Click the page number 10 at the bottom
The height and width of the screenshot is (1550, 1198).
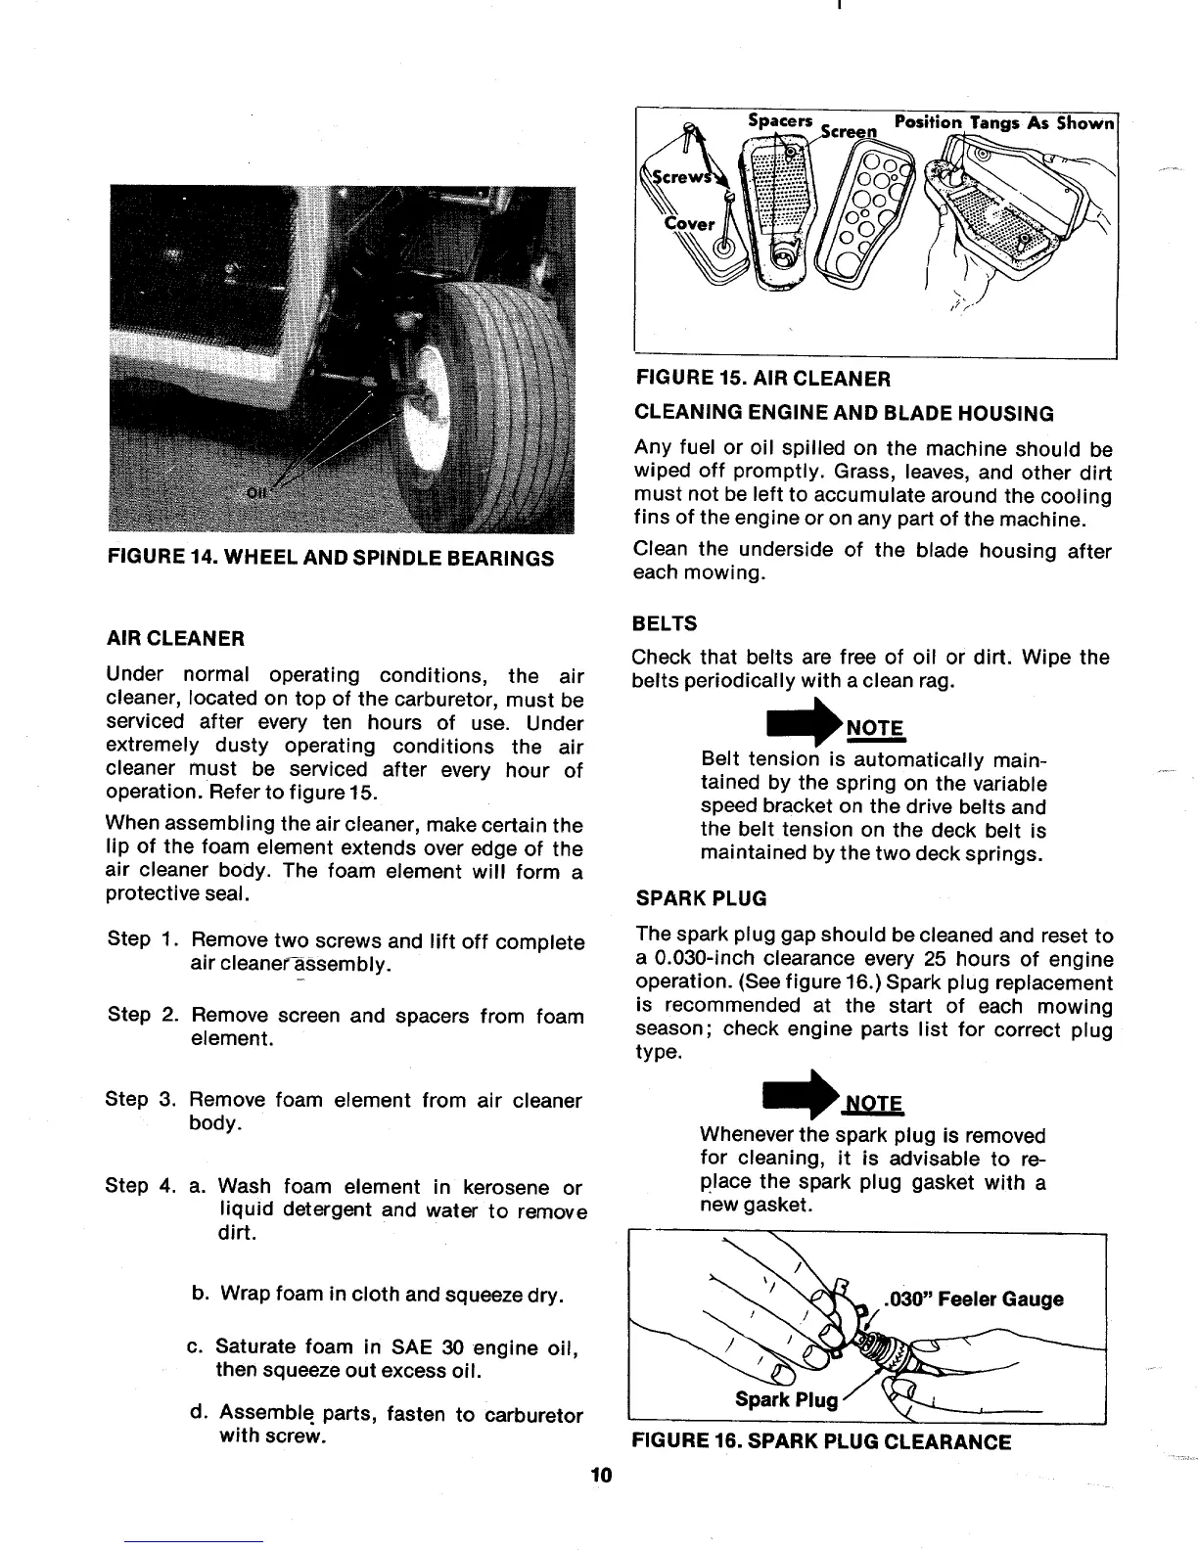tap(600, 1476)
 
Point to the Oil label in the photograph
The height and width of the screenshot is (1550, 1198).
tap(257, 494)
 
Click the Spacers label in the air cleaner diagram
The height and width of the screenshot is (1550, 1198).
tap(780, 120)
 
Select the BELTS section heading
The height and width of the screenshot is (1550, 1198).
tap(666, 623)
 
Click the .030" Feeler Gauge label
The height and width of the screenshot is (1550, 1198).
tap(972, 1299)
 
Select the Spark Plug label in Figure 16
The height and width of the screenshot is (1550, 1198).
tap(786, 1399)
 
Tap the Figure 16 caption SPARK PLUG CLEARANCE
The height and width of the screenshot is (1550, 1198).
tap(822, 1442)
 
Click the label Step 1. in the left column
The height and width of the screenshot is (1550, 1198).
tap(141, 939)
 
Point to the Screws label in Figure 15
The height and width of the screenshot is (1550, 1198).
tap(669, 181)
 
